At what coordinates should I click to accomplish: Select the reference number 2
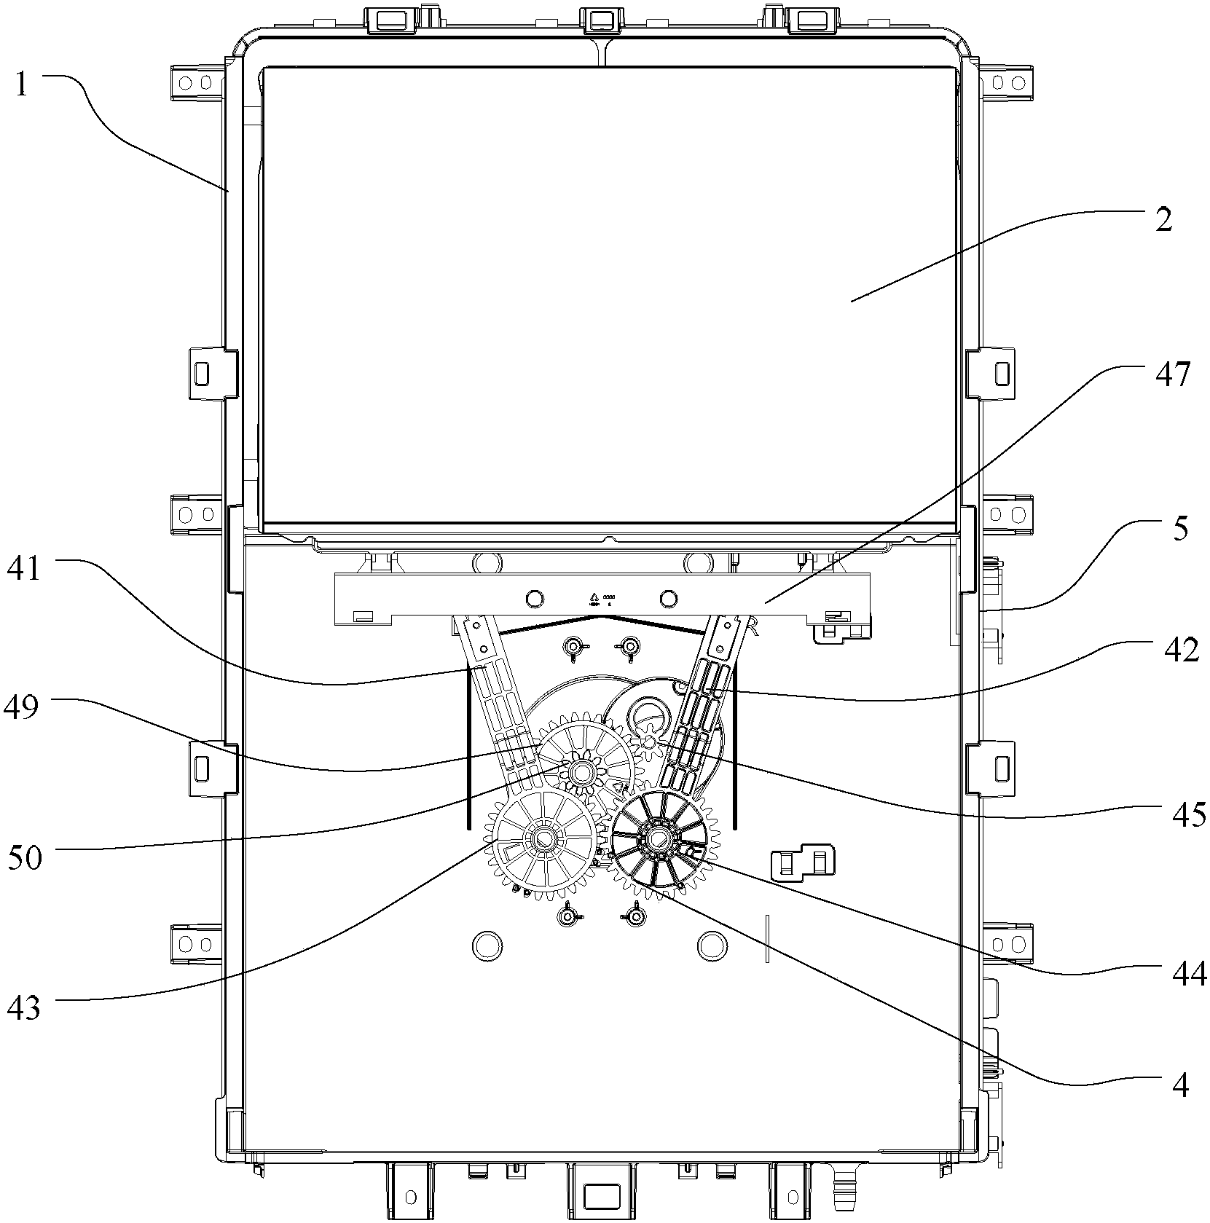pos(1164,218)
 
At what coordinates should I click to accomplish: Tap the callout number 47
pos(1171,376)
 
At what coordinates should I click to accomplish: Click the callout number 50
pos(25,857)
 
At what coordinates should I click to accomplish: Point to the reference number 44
pos(1189,972)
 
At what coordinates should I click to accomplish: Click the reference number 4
pos(1182,1106)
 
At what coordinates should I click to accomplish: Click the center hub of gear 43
pos(543,839)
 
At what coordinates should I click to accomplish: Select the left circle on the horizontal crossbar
pos(534,599)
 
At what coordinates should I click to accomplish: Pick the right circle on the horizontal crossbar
pos(668,599)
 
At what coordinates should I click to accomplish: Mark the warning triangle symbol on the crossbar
pos(594,597)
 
